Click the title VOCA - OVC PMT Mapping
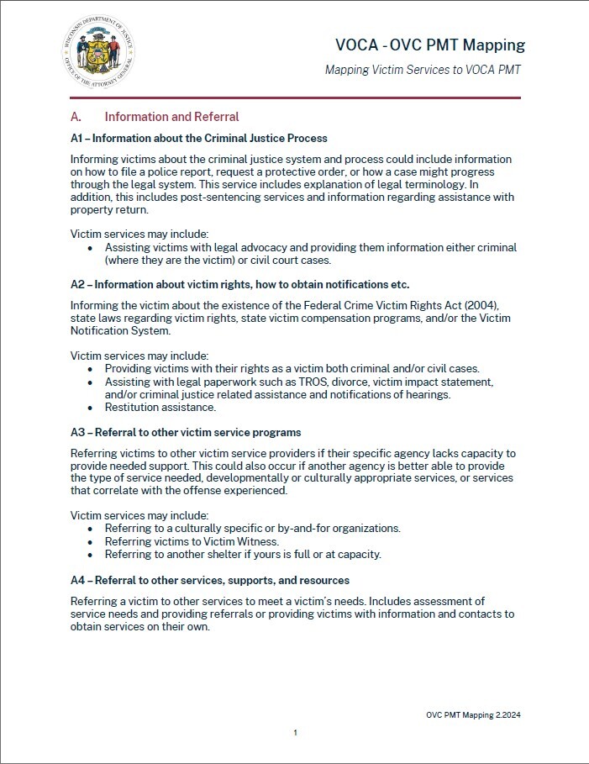[x=429, y=45]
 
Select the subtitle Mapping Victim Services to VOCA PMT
[x=423, y=70]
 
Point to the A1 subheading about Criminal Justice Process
[x=199, y=138]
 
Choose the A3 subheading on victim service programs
[x=186, y=432]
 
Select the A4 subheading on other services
[x=210, y=580]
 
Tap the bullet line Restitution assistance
[x=160, y=408]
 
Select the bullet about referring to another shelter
[x=243, y=555]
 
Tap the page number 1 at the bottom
[x=296, y=733]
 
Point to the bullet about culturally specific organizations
[x=252, y=529]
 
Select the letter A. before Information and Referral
[x=76, y=118]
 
